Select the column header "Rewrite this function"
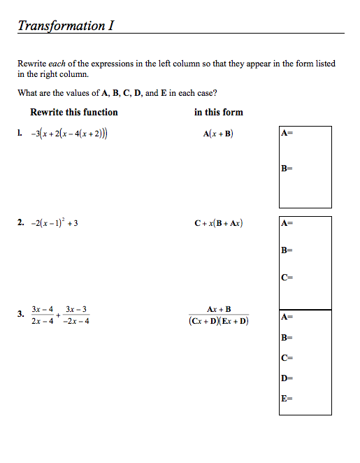click(74, 112)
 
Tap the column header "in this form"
click(218, 112)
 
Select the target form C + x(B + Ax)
click(219, 223)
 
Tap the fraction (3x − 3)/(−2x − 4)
click(77, 315)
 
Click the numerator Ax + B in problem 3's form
click(219, 308)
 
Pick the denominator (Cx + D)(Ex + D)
click(219, 321)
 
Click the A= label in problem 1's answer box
click(286, 132)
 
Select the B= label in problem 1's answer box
click(286, 168)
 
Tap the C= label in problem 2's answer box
click(286, 277)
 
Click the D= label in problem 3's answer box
click(286, 378)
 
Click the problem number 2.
click(21, 223)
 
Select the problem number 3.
click(21, 313)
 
